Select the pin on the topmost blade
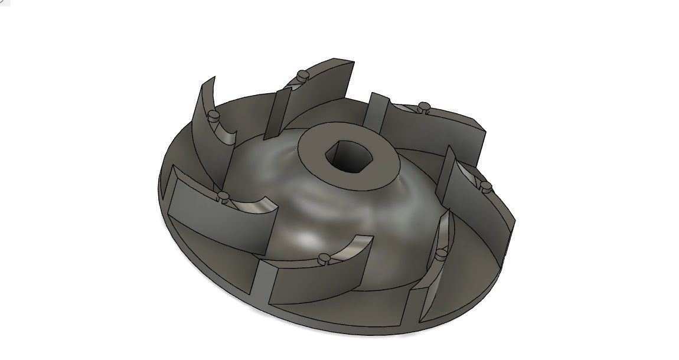tap(302, 75)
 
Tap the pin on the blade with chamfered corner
tap(423, 107)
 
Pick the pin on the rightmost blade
tap(486, 186)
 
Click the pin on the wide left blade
tap(223, 195)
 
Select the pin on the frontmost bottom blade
tap(324, 258)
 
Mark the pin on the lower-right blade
tap(442, 253)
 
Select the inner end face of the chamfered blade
tap(374, 110)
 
